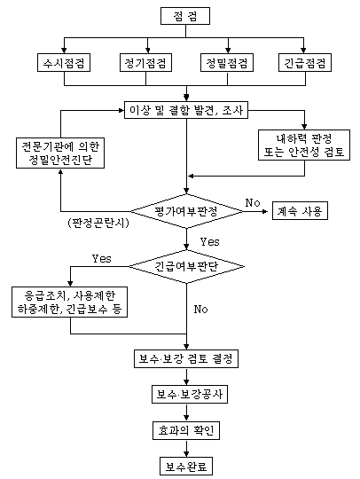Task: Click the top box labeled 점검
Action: (185, 16)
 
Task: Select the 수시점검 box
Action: (64, 63)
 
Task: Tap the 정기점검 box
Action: (145, 63)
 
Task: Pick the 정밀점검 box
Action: (227, 63)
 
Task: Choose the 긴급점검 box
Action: (305, 63)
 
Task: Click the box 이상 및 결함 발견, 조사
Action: (186, 110)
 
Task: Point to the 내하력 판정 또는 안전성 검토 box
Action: (304, 145)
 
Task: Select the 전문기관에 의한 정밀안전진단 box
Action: (60, 153)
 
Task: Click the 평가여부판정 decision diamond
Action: (186, 211)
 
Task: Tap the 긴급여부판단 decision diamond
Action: (186, 266)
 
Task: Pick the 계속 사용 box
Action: (300, 211)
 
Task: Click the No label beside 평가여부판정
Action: (253, 202)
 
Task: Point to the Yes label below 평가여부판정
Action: (210, 241)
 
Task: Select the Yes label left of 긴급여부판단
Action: (102, 258)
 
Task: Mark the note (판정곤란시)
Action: (98, 223)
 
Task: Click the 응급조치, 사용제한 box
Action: (70, 302)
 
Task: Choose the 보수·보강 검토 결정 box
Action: (186, 358)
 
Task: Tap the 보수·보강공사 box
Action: (190, 395)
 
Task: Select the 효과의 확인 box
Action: (186, 430)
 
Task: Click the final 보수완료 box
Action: (186, 467)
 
